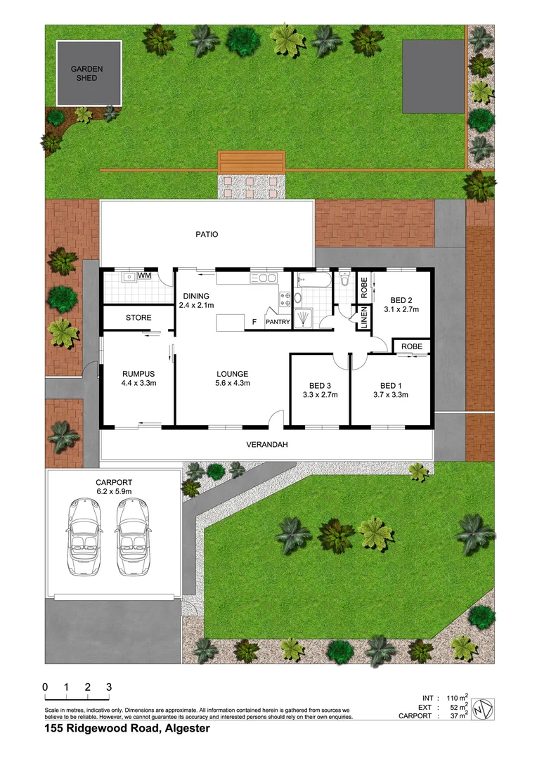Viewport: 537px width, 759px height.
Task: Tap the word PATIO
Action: point(207,235)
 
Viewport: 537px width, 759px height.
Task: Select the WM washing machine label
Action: point(144,275)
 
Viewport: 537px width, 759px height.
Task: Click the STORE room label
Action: point(138,318)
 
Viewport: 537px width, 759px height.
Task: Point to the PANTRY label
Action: point(278,322)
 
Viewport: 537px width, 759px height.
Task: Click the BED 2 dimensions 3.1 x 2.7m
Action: point(401,309)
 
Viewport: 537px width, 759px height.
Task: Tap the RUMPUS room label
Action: point(138,373)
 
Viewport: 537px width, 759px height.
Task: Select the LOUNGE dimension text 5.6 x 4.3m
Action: point(232,383)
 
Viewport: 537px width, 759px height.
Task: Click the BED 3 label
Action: point(319,385)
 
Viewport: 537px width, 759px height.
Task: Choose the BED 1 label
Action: point(390,385)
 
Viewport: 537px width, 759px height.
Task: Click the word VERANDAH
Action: point(267,445)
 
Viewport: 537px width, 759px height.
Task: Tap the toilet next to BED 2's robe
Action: point(344,280)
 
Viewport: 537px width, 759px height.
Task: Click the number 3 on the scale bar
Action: point(109,687)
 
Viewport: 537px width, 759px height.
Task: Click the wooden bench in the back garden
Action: point(252,162)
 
